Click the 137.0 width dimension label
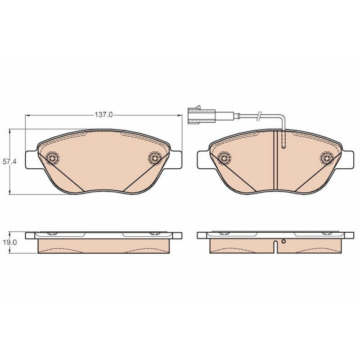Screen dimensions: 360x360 pos(103,115)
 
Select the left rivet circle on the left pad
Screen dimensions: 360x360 pos(52,158)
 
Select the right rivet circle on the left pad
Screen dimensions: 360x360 pos(155,158)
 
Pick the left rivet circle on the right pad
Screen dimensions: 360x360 pos(224,158)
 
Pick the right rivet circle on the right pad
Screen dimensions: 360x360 pos(327,158)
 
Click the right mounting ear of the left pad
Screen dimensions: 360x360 pos(175,161)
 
